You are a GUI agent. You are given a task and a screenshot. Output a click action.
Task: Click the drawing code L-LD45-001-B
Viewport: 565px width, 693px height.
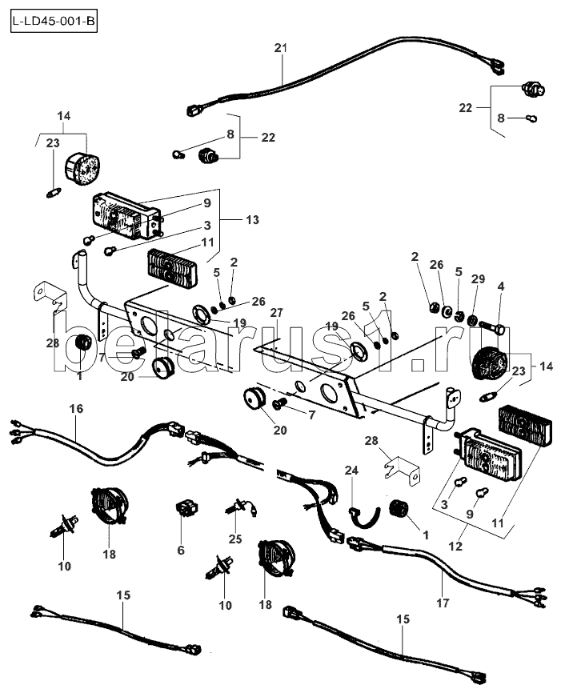(x=54, y=22)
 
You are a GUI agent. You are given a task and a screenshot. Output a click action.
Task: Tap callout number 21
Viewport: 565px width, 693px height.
(x=281, y=48)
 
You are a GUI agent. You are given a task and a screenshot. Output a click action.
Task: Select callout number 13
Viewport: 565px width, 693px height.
(x=252, y=219)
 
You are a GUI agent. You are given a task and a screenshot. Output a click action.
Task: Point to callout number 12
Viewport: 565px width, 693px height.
(x=455, y=546)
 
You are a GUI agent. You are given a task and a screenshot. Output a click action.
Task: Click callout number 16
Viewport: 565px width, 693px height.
(x=76, y=408)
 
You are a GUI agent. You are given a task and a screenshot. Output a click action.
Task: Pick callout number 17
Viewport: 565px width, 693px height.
(x=443, y=603)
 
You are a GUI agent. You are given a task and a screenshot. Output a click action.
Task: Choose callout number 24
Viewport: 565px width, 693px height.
(x=351, y=471)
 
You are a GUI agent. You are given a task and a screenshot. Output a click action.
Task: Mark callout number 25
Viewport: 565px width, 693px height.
(x=235, y=539)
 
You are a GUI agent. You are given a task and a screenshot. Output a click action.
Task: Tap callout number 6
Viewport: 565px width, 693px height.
(x=181, y=550)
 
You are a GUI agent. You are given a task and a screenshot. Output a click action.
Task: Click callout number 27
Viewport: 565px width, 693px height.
(x=276, y=313)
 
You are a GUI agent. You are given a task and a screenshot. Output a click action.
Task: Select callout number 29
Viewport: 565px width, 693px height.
(x=478, y=278)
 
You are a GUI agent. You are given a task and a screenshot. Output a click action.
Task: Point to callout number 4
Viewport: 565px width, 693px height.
(x=500, y=286)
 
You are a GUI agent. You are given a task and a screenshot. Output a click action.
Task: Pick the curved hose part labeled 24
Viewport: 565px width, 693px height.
(x=365, y=519)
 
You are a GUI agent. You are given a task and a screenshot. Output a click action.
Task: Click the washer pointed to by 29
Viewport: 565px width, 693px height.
(x=472, y=319)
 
